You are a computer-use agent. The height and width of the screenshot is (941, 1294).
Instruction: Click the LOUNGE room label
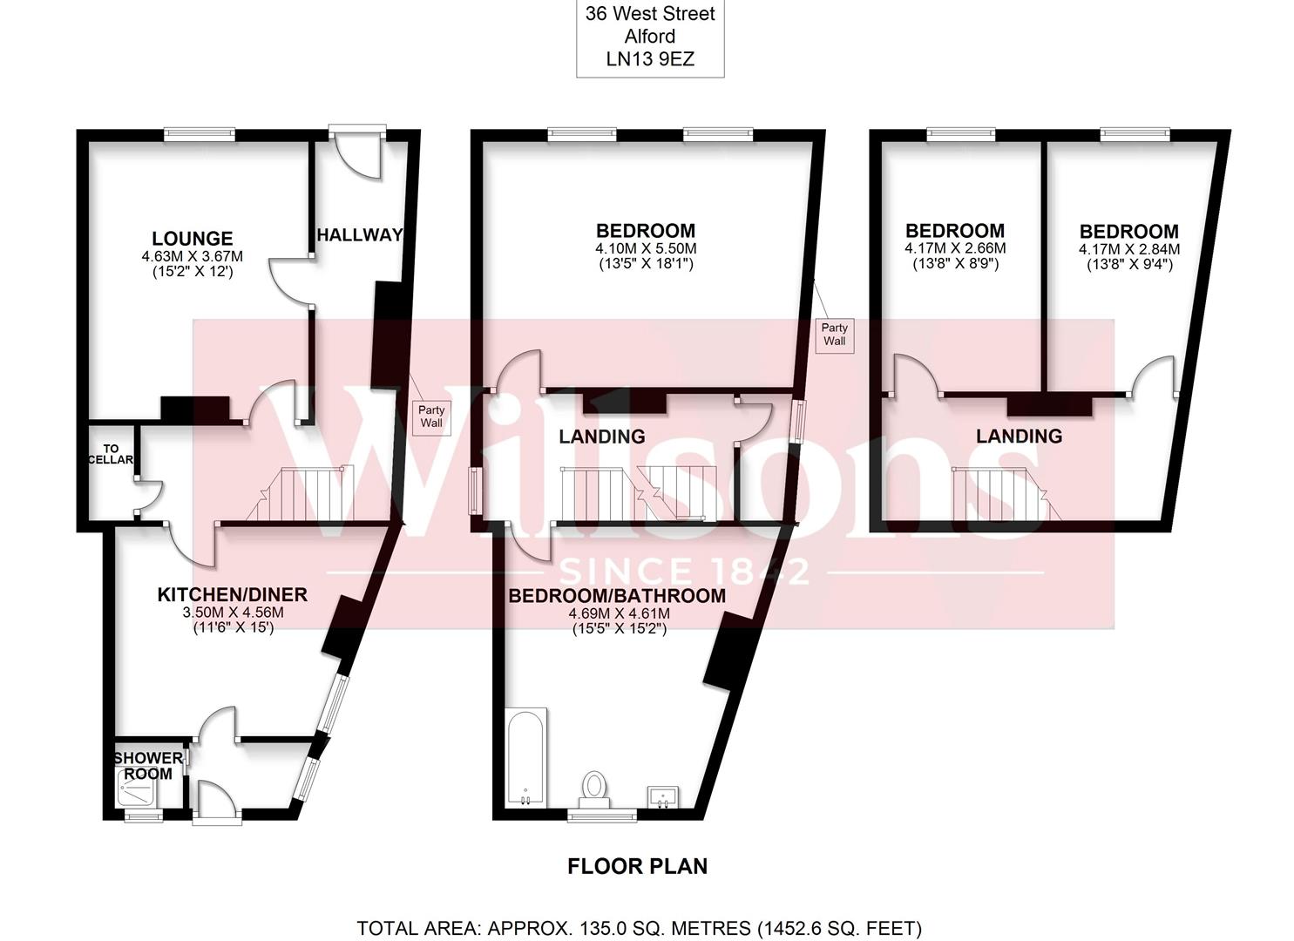(x=192, y=238)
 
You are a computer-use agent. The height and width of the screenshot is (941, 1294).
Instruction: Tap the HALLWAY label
(x=359, y=234)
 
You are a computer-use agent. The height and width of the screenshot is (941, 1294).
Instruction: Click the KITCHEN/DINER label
(x=232, y=594)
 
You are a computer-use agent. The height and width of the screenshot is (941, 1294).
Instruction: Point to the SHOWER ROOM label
(x=148, y=766)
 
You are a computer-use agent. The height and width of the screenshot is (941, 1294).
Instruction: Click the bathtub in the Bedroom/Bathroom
(x=525, y=756)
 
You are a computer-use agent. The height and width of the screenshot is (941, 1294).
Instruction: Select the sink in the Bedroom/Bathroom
(x=664, y=796)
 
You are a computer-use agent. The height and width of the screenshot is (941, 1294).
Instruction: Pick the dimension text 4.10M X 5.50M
(x=645, y=248)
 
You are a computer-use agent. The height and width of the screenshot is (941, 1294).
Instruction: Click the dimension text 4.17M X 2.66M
(x=954, y=248)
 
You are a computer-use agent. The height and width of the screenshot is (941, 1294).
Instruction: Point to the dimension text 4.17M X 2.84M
(x=1128, y=249)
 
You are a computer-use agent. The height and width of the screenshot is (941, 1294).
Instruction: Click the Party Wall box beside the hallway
(x=431, y=416)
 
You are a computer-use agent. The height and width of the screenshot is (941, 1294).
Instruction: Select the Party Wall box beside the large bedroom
(x=834, y=334)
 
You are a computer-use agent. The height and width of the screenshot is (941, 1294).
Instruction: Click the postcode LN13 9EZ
(x=650, y=59)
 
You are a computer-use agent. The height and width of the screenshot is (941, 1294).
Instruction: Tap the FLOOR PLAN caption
(x=637, y=866)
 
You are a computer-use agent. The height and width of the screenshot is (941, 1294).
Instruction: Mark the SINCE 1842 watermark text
(x=684, y=572)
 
